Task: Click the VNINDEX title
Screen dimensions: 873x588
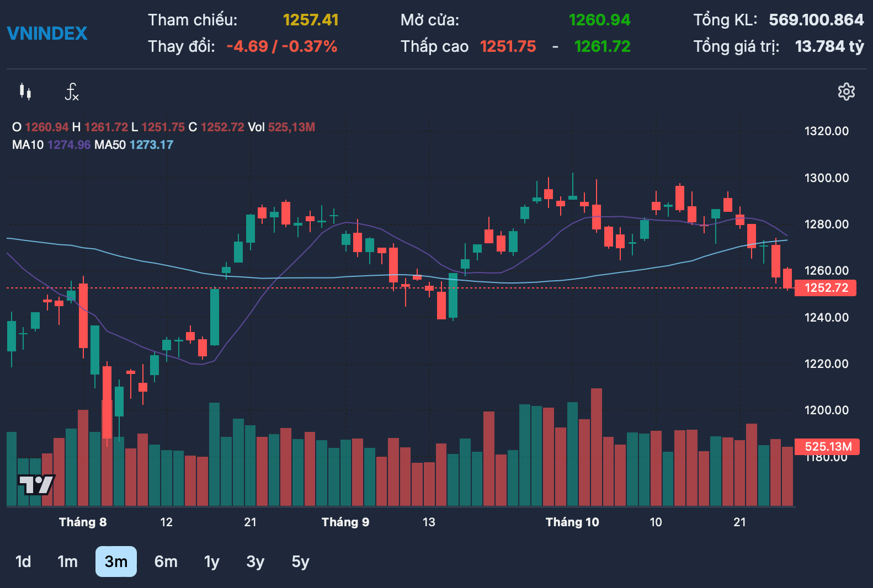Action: point(47,34)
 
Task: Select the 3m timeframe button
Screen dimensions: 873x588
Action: point(116,562)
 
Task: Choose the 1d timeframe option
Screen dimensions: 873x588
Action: point(23,562)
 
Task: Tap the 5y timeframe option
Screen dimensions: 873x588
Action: point(301,562)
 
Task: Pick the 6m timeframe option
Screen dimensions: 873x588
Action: point(166,562)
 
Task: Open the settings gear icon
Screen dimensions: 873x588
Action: point(846,92)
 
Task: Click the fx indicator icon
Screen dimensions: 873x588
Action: point(72,92)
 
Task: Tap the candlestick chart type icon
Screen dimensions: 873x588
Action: point(25,92)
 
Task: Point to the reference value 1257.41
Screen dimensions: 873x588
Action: point(311,20)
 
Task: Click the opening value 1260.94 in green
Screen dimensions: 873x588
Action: point(599,20)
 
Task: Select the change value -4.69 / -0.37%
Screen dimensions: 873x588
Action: point(282,47)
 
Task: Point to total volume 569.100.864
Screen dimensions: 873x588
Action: point(817,20)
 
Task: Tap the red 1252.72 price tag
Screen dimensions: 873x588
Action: point(826,288)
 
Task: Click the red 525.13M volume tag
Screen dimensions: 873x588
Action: point(827,447)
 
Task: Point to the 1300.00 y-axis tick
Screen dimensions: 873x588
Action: point(827,178)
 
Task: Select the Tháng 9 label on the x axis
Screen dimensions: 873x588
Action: point(345,522)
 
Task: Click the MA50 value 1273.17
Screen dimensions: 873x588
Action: point(151,145)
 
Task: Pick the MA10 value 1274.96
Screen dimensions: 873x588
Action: point(69,145)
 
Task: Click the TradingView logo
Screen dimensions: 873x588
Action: point(36,485)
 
